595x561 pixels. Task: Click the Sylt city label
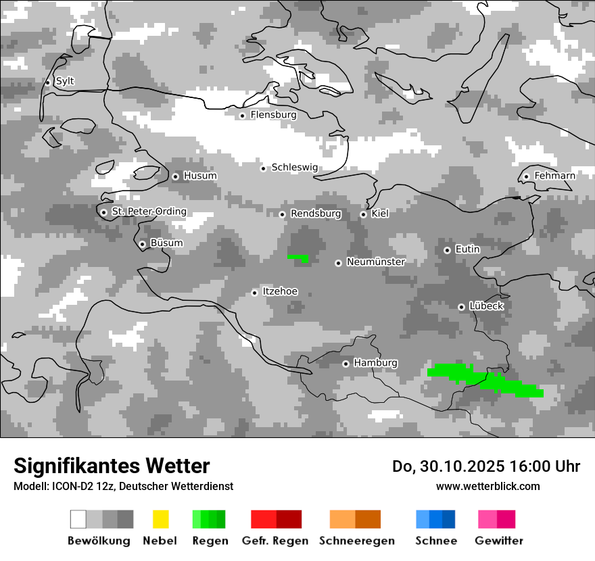click(x=65, y=81)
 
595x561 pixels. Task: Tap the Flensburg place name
click(x=273, y=115)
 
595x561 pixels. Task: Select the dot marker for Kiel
click(x=363, y=214)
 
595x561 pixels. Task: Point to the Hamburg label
click(x=375, y=363)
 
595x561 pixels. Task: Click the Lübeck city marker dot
click(x=461, y=307)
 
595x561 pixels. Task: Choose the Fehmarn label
click(x=554, y=176)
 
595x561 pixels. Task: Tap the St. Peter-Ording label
click(x=149, y=212)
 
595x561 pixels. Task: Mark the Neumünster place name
click(x=375, y=262)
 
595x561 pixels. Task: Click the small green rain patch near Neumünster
click(x=298, y=258)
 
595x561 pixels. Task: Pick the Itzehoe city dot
click(x=254, y=293)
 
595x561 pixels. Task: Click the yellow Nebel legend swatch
click(x=160, y=519)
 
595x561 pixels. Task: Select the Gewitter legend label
click(x=498, y=541)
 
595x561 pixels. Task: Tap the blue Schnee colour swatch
click(x=435, y=519)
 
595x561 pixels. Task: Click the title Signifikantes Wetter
click(x=112, y=466)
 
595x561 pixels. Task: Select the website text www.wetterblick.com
click(x=487, y=486)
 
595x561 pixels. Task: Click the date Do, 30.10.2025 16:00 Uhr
click(x=485, y=466)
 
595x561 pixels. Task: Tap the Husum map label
click(x=200, y=176)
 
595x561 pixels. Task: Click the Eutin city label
click(x=467, y=249)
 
